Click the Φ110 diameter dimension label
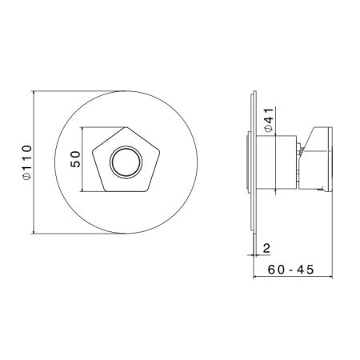pyautogui.click(x=27, y=162)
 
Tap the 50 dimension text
pyautogui.click(x=75, y=159)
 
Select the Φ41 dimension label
pyautogui.click(x=269, y=120)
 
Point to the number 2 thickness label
pyautogui.click(x=266, y=248)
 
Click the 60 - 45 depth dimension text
pyautogui.click(x=291, y=270)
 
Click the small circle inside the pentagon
pyautogui.click(x=126, y=162)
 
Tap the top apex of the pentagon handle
pyautogui.click(x=126, y=127)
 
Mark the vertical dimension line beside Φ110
pyautogui.click(x=34, y=162)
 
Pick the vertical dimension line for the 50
pyautogui.click(x=83, y=159)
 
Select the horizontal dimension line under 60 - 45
pyautogui.click(x=293, y=277)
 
